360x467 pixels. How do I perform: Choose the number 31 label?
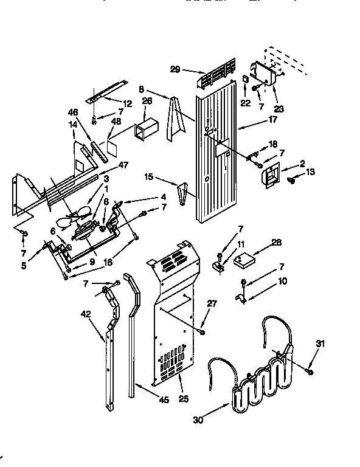320,344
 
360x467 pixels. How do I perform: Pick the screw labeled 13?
291,179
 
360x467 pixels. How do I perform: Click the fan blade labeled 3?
77,217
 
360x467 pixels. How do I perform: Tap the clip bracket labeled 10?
242,297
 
